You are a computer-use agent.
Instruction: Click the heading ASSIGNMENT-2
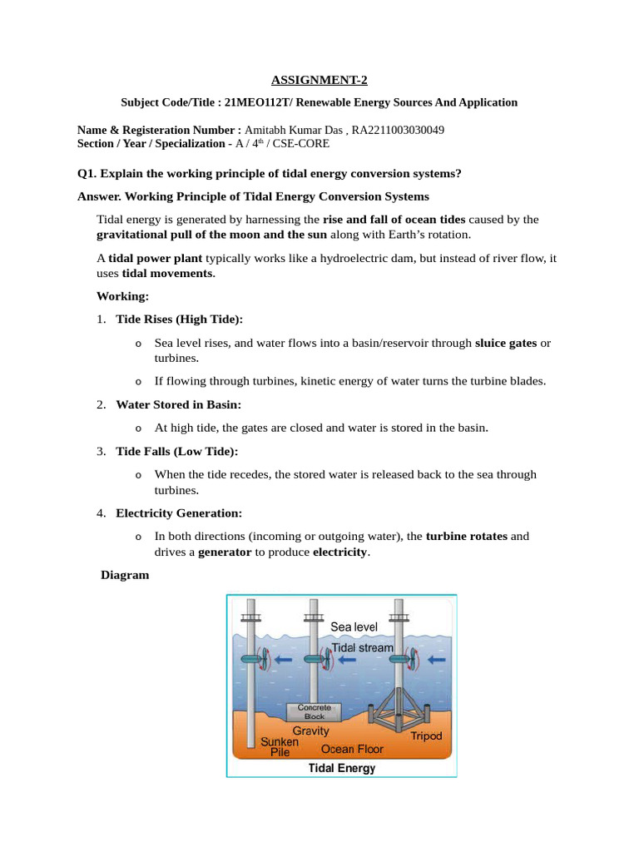[319, 81]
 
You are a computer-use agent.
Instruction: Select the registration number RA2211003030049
[398, 131]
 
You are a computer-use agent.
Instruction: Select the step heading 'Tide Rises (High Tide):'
[179, 319]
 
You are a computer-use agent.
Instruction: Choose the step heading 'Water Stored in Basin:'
[178, 404]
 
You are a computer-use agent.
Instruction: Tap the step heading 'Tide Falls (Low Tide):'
[176, 451]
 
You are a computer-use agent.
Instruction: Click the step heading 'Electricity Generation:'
[179, 513]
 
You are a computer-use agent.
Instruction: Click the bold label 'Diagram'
[125, 575]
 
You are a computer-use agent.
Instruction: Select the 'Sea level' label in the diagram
[354, 627]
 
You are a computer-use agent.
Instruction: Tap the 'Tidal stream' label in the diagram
[362, 646]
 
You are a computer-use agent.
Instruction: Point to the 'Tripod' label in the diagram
[426, 736]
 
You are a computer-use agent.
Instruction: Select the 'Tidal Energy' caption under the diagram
[341, 768]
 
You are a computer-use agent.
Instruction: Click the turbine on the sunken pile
[250, 659]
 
